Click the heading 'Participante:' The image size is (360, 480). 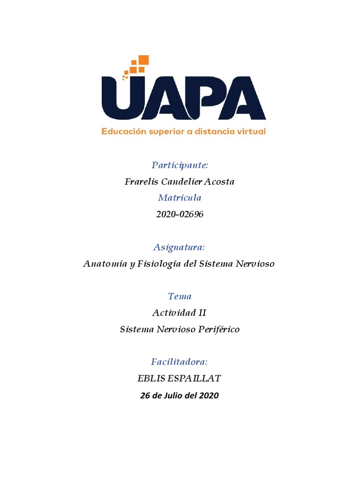click(180, 165)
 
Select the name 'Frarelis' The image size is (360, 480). click(140, 182)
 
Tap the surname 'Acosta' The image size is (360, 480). click(218, 182)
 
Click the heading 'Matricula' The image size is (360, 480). click(180, 198)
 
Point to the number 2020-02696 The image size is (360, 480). click(180, 215)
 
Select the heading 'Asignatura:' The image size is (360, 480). click(180, 247)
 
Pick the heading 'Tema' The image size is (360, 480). click(180, 296)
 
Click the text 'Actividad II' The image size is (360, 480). click(180, 313)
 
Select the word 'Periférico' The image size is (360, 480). click(219, 330)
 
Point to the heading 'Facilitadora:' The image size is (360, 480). click(180, 362)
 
